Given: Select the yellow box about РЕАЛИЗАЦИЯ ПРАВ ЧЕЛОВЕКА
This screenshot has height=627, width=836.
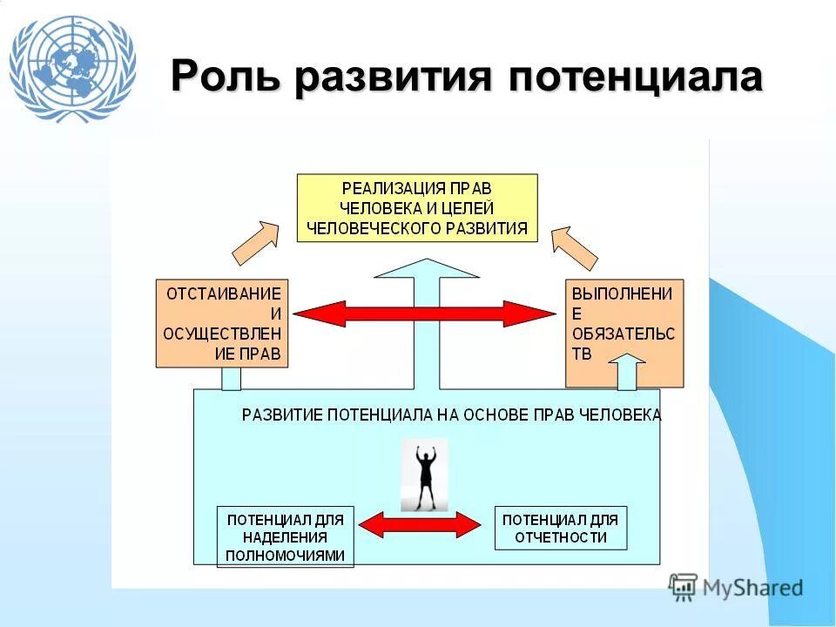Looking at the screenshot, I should coord(417,207).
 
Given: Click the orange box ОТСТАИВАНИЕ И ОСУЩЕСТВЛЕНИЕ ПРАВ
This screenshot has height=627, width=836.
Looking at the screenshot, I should coord(224,323).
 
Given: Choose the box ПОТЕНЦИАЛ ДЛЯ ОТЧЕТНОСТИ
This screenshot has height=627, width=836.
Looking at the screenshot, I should coord(561,528).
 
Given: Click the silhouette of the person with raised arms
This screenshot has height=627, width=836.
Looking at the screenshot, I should coord(425,475).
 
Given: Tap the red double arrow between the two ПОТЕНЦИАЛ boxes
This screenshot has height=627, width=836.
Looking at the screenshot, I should coord(420,524).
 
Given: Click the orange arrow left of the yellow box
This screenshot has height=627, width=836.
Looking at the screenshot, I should coord(256,242).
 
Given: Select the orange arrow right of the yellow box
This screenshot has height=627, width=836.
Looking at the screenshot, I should coord(576,247).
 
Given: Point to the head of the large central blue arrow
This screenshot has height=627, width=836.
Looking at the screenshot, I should coord(426,269).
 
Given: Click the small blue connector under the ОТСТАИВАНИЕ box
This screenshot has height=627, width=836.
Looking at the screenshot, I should coord(231,379).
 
